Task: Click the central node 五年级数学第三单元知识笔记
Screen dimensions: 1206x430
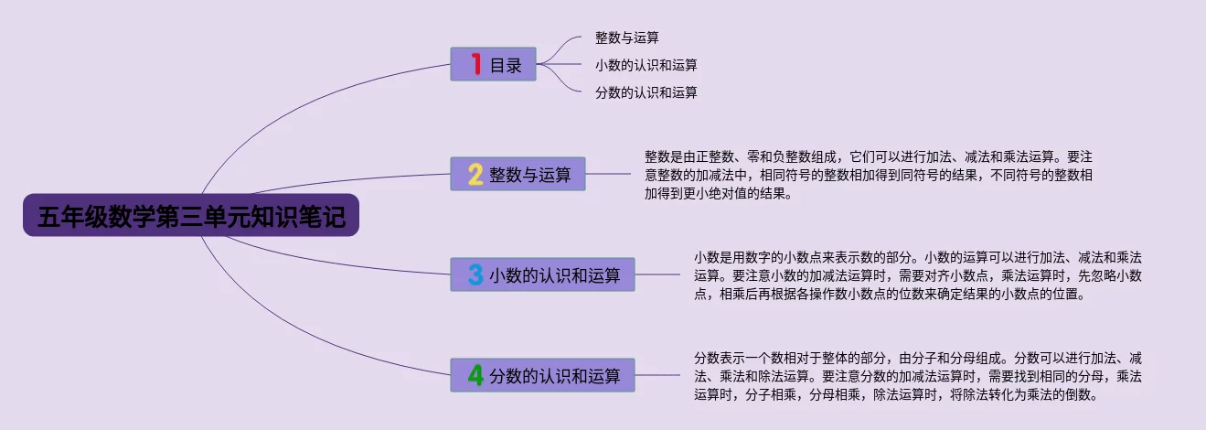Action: click(x=191, y=215)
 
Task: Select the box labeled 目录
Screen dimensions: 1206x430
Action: click(x=493, y=64)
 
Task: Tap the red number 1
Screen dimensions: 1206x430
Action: click(x=476, y=63)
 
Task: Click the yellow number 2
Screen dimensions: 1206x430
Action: click(x=475, y=174)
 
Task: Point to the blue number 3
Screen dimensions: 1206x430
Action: click(x=475, y=274)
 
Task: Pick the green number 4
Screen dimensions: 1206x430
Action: click(x=475, y=375)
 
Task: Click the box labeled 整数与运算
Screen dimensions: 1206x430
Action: click(x=518, y=174)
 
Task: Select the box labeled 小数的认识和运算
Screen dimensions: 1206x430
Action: click(x=543, y=274)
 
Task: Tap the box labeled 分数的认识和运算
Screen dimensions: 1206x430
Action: click(x=543, y=375)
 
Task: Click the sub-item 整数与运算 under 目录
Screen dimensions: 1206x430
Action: click(x=626, y=38)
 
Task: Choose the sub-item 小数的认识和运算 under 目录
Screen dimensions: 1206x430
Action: click(x=646, y=65)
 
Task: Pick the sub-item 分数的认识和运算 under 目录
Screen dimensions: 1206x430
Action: click(x=646, y=92)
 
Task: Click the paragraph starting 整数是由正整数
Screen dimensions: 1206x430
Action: click(x=869, y=175)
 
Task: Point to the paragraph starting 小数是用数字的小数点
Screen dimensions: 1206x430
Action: click(x=918, y=275)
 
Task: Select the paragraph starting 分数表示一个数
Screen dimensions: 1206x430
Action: click(x=918, y=376)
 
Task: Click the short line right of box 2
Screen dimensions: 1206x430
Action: click(x=608, y=174)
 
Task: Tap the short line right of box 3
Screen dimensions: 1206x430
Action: click(x=657, y=274)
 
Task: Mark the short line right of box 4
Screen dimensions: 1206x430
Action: click(x=657, y=375)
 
